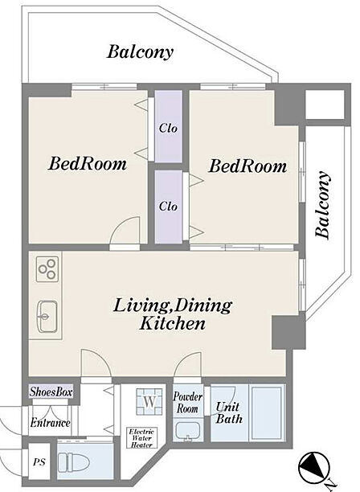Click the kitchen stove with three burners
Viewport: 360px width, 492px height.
tap(47, 269)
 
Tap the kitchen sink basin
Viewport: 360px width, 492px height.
tap(47, 316)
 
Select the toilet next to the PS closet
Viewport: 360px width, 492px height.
tap(74, 461)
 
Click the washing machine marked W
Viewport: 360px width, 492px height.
tap(149, 401)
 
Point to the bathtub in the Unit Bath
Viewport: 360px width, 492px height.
tap(267, 413)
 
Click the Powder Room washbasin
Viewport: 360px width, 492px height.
tap(187, 431)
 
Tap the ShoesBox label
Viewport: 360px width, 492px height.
tap(51, 392)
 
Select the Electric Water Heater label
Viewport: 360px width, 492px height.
tap(141, 437)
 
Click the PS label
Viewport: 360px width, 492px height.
tap(39, 462)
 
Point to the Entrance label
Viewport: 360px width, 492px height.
tap(50, 423)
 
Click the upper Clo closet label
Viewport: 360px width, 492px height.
tap(168, 128)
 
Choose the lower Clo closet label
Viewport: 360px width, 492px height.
tap(168, 206)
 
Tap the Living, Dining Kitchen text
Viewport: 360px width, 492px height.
tap(173, 314)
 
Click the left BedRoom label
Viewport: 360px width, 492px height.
tap(88, 164)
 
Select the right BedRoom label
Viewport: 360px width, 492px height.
tap(247, 166)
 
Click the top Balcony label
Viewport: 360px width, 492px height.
tap(140, 52)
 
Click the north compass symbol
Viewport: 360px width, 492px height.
tap(314, 468)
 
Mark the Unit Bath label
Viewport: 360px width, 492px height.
tap(229, 413)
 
